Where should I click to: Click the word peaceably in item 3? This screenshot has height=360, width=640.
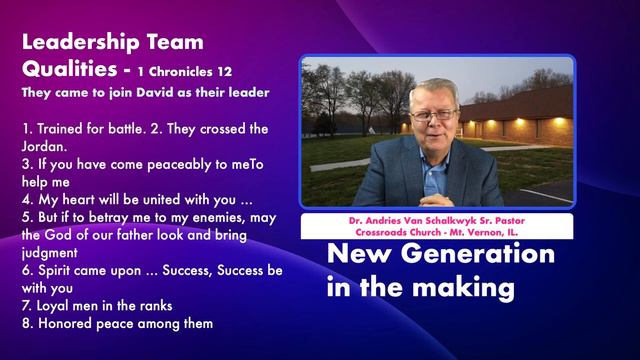160,164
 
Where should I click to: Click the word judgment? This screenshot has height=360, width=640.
50,254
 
